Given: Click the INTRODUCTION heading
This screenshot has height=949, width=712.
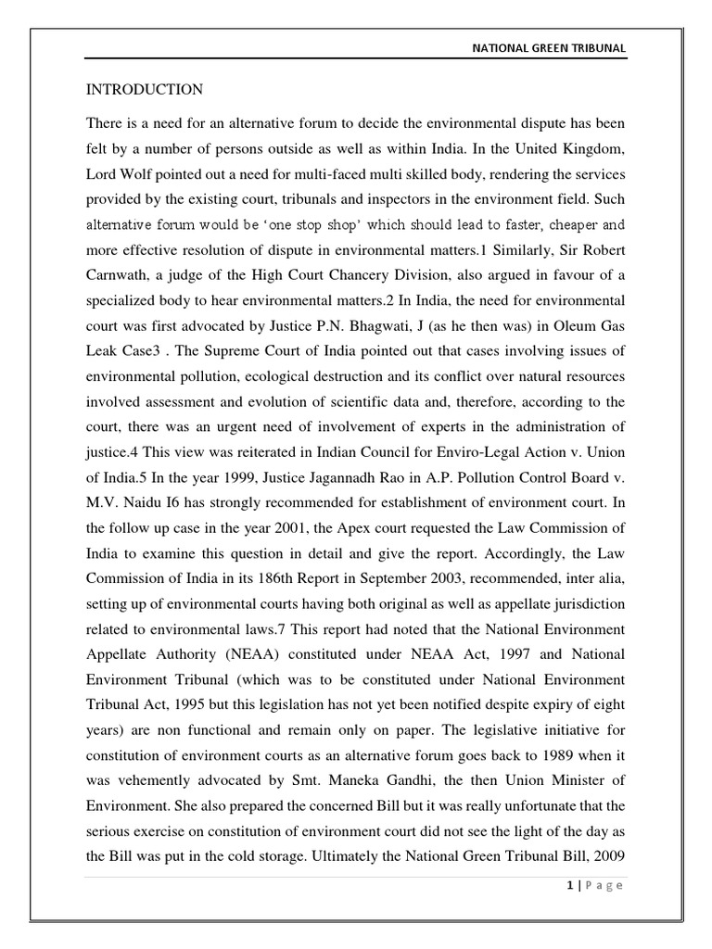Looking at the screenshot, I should pyautogui.click(x=145, y=90).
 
